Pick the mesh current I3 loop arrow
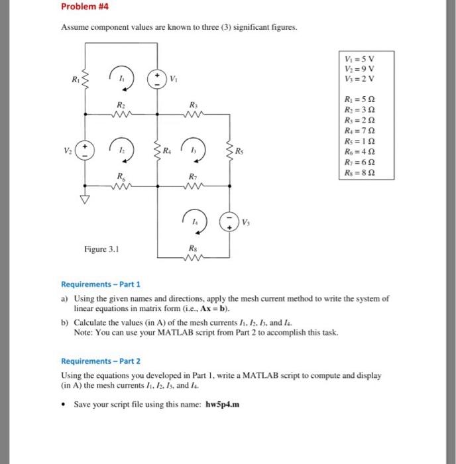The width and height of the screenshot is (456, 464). (194, 150)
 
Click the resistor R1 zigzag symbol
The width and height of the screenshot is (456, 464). (85, 80)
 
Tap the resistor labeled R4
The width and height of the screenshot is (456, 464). (158, 150)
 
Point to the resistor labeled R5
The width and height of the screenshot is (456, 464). (229, 150)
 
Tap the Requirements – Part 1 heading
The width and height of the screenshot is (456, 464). (101, 284)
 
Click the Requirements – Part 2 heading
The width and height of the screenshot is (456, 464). (101, 361)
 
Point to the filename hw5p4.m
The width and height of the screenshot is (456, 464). (222, 404)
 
